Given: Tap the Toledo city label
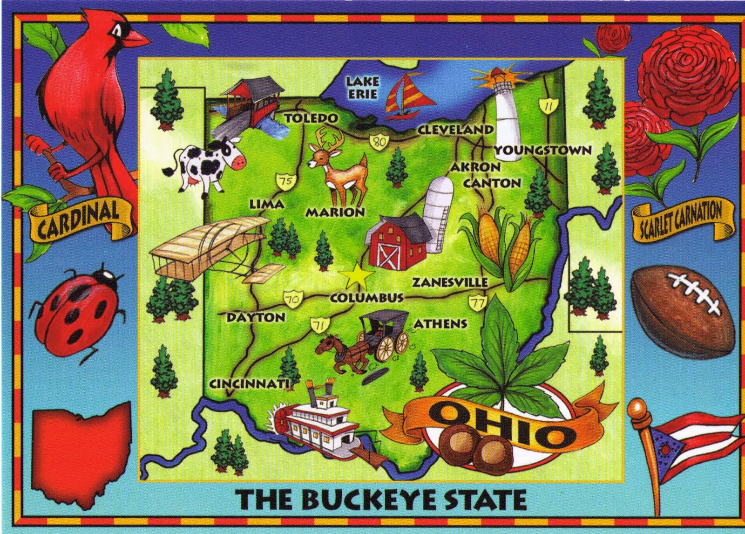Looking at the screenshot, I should [x=311, y=118].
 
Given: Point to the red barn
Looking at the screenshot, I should [x=397, y=243].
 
